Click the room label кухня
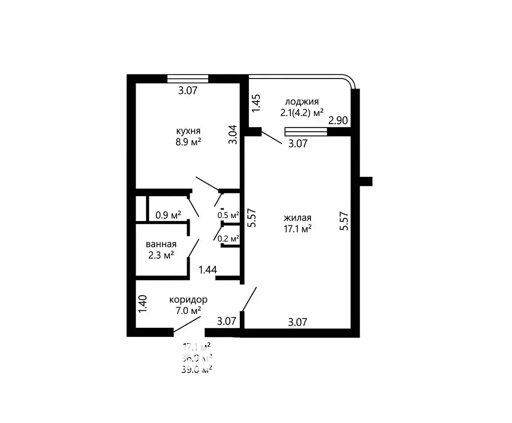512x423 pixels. (188, 131)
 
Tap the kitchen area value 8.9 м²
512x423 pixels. (188, 142)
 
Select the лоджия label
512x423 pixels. (302, 102)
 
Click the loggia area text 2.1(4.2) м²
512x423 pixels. (302, 113)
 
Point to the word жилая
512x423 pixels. (297, 218)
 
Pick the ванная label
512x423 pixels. (161, 244)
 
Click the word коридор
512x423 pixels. (188, 300)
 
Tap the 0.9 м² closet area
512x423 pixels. (168, 215)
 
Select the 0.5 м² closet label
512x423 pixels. (228, 215)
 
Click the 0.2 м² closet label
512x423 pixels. (228, 239)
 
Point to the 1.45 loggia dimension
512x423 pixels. (256, 103)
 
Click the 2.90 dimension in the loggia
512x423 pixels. (338, 120)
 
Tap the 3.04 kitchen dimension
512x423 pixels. (233, 134)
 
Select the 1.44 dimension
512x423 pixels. (208, 270)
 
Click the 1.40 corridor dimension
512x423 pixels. (143, 304)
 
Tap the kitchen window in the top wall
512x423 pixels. (188, 79)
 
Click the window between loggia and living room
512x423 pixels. (306, 132)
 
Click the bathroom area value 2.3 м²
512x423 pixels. (161, 255)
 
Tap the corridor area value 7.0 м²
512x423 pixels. (188, 311)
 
